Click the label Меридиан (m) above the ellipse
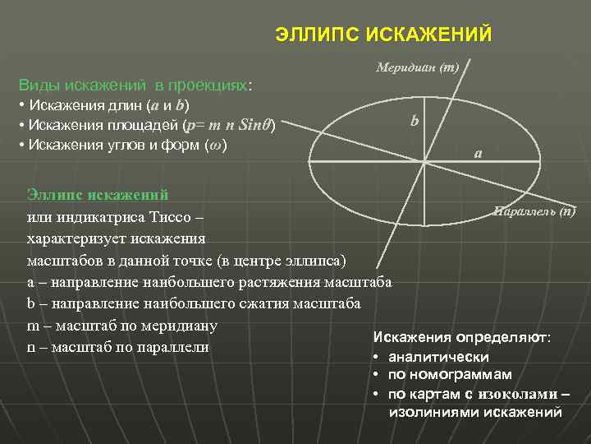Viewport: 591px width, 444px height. click(418, 67)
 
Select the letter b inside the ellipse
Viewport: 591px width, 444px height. click(415, 121)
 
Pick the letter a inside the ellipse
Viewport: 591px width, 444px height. click(478, 153)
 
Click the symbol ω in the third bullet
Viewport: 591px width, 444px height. click(213, 146)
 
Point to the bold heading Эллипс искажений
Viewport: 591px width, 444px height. click(98, 195)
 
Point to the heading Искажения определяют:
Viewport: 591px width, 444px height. click(462, 338)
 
